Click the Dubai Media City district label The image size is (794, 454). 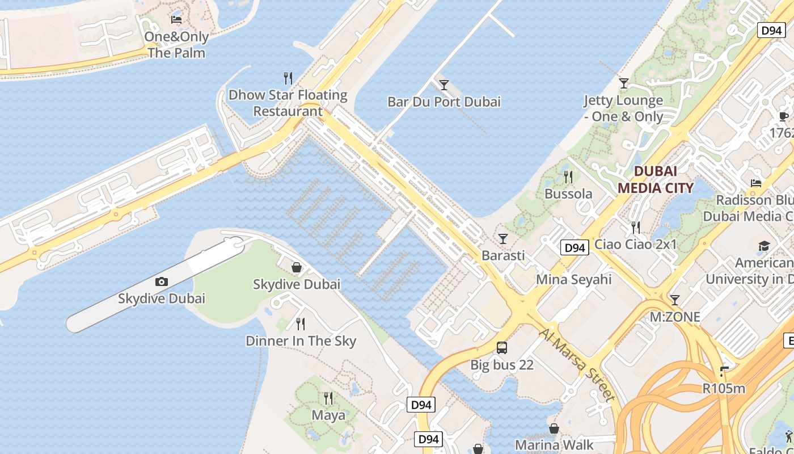pos(655,179)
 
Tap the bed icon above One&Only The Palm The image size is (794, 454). pos(176,20)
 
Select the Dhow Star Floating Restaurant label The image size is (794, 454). pos(288,103)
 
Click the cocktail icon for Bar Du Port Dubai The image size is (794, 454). pos(444,85)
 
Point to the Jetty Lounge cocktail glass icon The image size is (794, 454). pos(624,83)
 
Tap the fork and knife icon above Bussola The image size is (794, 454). pos(568,177)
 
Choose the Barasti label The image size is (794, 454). pos(503,255)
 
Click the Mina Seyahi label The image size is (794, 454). pos(573,279)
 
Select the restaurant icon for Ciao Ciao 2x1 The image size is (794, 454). pos(636,228)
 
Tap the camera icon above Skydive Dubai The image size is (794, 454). pos(162,281)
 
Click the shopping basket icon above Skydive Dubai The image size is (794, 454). pos(296,267)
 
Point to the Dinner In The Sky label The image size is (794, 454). pos(301,340)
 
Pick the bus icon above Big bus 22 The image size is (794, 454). pos(502,348)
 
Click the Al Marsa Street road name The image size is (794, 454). pos(576,364)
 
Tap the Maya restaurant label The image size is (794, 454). pos(328,415)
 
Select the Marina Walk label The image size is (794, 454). pos(554,444)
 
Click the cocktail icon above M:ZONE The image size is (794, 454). pos(674,300)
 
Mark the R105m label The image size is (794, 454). pos(723,389)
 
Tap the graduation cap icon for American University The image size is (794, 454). pos(764,246)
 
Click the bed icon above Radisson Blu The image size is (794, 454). pos(756,183)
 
